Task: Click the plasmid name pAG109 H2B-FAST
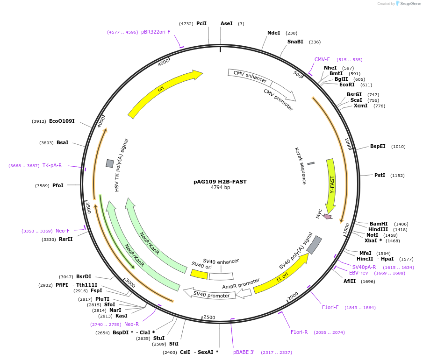(x=220, y=182)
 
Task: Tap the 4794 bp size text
(x=220, y=188)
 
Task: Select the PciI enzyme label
(x=201, y=23)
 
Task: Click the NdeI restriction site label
(x=273, y=33)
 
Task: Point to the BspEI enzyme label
(x=378, y=146)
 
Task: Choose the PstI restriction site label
(x=380, y=175)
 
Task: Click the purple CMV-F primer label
(x=322, y=59)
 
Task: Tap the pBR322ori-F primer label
(x=156, y=32)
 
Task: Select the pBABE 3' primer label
(x=244, y=352)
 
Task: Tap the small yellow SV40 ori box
(x=199, y=274)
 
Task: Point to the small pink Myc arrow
(x=328, y=216)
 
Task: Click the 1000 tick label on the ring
(x=348, y=143)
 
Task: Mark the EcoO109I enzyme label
(x=62, y=121)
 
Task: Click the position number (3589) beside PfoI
(x=42, y=186)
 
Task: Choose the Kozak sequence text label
(x=301, y=165)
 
